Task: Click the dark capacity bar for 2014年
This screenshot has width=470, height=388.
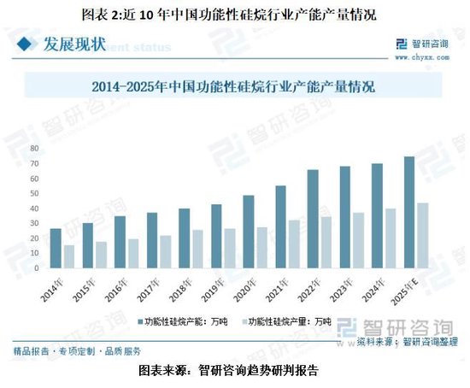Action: pyautogui.click(x=56, y=249)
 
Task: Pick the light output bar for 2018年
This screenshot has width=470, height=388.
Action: pyautogui.click(x=197, y=250)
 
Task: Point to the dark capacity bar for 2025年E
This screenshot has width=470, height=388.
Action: pyautogui.click(x=409, y=213)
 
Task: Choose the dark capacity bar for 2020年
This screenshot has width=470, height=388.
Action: pyautogui.click(x=249, y=232)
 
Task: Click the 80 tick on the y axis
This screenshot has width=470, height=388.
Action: pyautogui.click(x=33, y=149)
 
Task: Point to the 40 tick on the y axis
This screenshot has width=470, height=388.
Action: pyautogui.click(x=33, y=209)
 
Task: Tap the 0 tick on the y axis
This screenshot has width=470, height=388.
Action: pyautogui.click(x=36, y=268)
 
